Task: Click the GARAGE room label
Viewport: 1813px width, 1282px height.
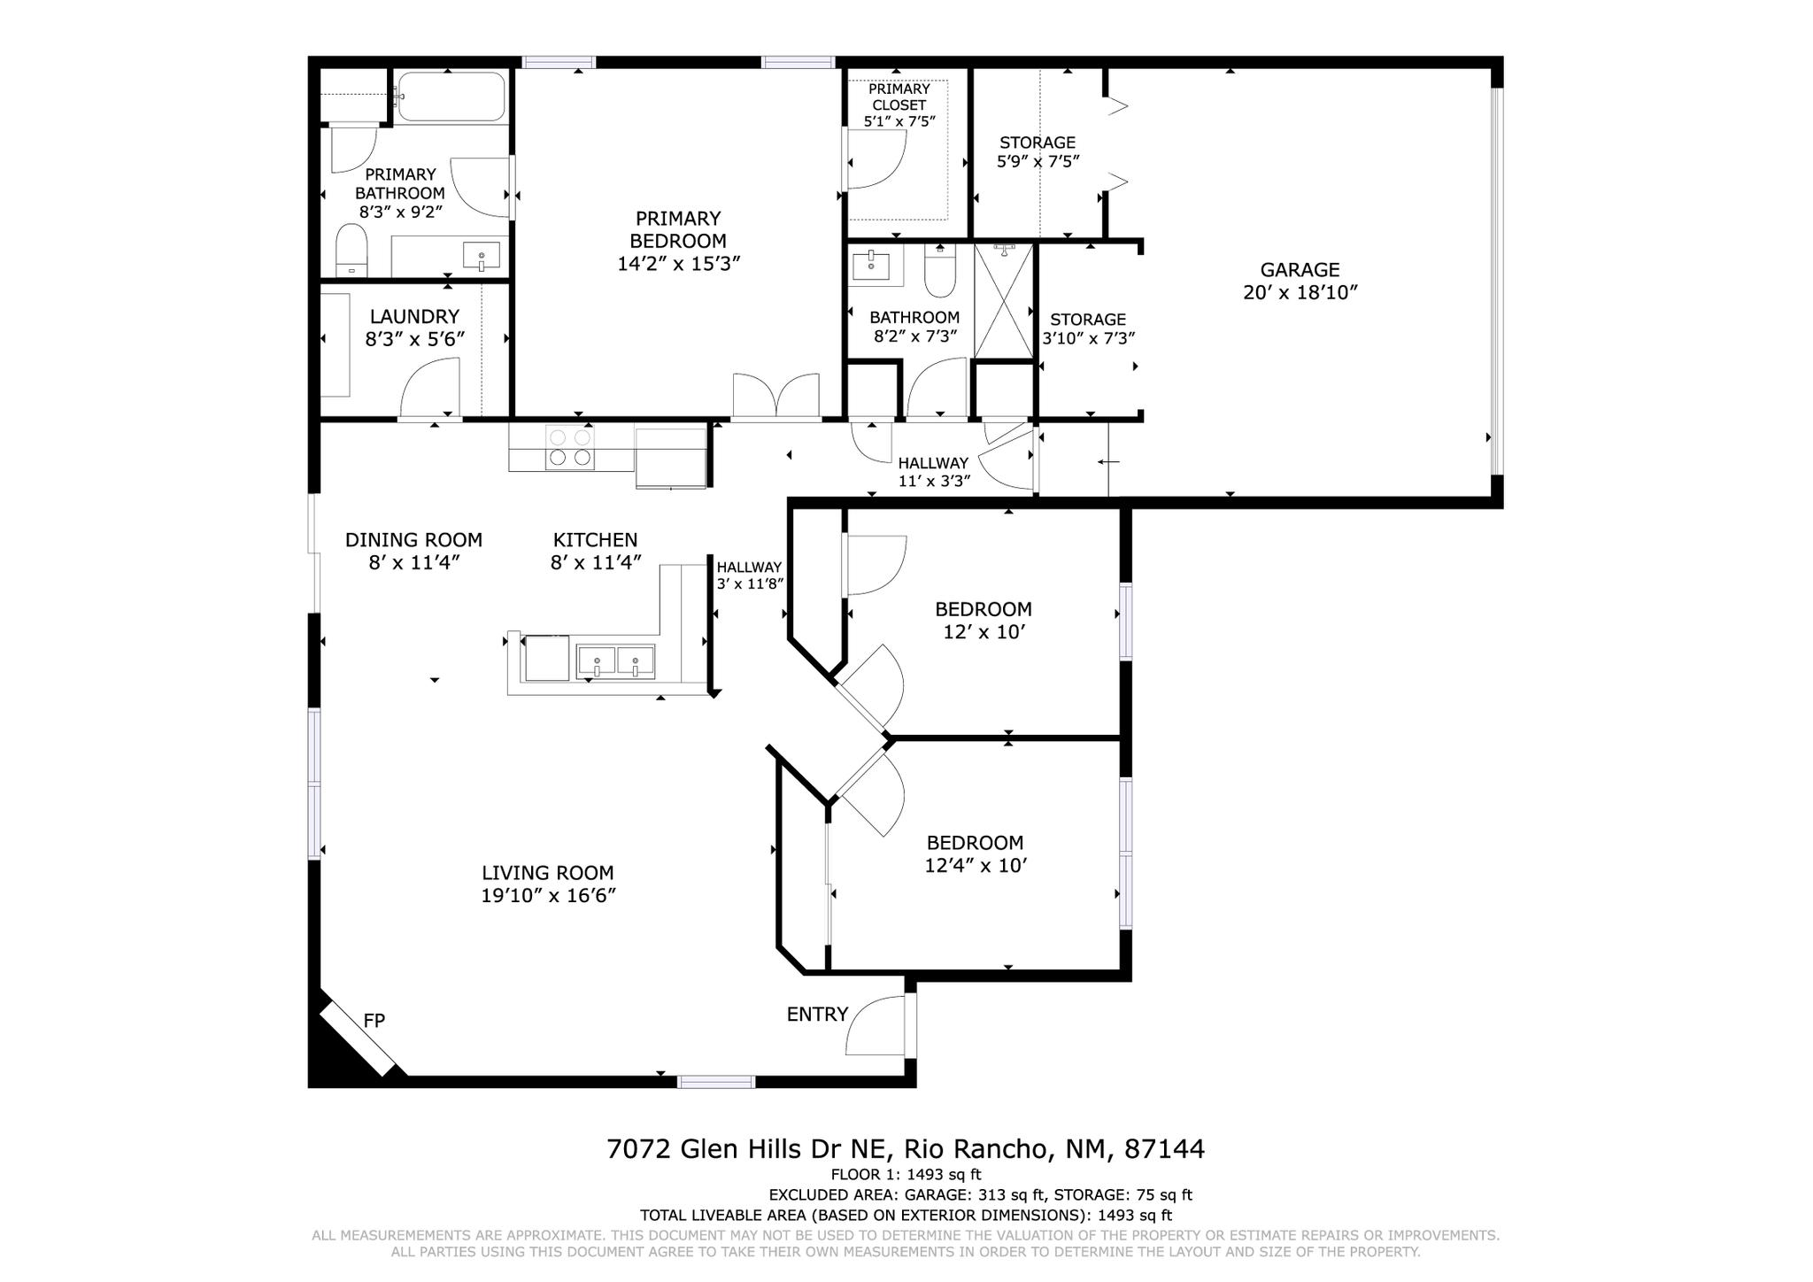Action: click(x=1300, y=270)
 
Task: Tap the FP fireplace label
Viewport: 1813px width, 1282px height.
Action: click(x=374, y=1021)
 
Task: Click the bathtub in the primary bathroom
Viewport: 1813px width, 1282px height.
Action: click(x=451, y=96)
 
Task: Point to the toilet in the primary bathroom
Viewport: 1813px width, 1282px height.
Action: click(x=351, y=251)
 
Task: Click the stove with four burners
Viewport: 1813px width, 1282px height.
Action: click(x=570, y=447)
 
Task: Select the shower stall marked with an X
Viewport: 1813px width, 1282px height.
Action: click(x=1003, y=301)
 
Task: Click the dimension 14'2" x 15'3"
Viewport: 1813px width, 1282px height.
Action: click(x=678, y=264)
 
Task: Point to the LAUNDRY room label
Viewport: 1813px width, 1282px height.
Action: click(x=414, y=316)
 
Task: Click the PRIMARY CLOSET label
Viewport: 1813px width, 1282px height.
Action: click(x=899, y=97)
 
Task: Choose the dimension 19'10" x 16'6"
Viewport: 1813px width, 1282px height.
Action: click(x=548, y=896)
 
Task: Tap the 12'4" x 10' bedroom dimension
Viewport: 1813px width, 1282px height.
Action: click(x=975, y=866)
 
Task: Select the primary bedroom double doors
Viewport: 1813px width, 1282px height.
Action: click(x=775, y=396)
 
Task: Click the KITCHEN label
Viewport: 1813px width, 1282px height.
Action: click(x=595, y=540)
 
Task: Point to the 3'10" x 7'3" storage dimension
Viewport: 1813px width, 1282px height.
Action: click(x=1088, y=338)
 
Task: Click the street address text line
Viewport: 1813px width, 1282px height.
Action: click(x=905, y=1149)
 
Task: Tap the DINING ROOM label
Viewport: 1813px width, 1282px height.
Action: click(x=413, y=540)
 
